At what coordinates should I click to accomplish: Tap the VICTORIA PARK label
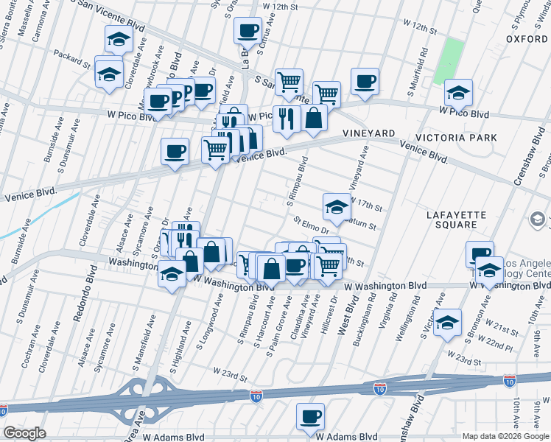pyautogui.click(x=456, y=138)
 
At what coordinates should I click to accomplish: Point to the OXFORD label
pyautogui.click(x=527, y=38)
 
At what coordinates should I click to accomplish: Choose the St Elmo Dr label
pyautogui.click(x=309, y=224)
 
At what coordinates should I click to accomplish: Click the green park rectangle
pyautogui.click(x=448, y=60)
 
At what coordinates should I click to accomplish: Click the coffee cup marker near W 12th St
pyautogui.click(x=248, y=30)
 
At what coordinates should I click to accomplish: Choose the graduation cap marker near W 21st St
pyautogui.click(x=446, y=323)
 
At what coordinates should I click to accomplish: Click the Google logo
pyautogui.click(x=24, y=433)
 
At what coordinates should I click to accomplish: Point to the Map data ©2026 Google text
pyautogui.click(x=505, y=436)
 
